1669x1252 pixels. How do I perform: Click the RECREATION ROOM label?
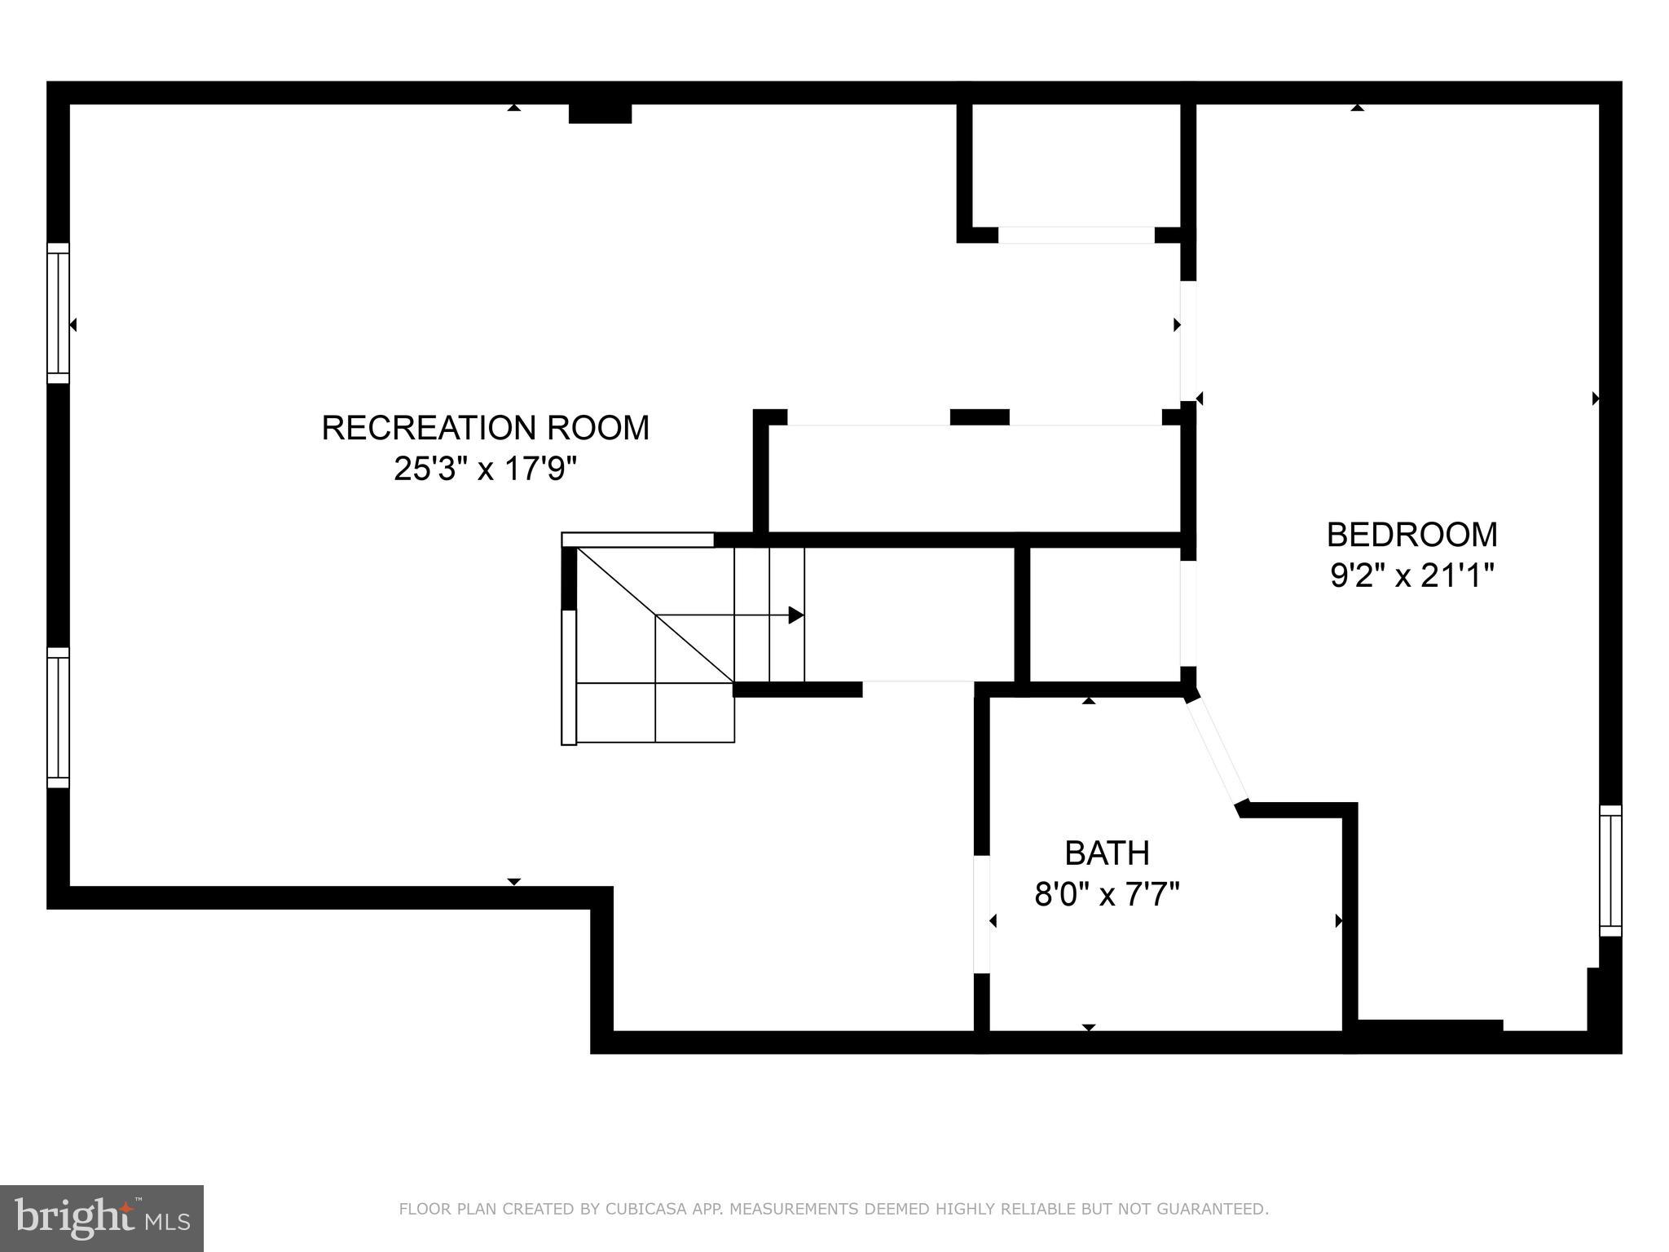pos(486,428)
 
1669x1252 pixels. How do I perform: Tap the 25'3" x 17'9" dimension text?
pos(486,469)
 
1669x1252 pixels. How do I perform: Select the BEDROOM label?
pos(1411,535)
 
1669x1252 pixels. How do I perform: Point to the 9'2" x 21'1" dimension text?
pos(1411,576)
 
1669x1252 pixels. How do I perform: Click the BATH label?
pos(1107,853)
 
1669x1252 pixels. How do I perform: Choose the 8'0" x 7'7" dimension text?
pos(1107,895)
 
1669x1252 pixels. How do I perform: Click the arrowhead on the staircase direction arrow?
pos(796,615)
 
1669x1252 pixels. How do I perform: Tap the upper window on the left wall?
pos(58,313)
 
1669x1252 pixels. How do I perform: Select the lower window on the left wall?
pos(58,717)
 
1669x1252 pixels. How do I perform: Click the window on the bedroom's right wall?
pos(1610,871)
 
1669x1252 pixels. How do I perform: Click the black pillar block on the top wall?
pos(600,113)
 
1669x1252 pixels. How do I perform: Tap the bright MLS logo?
pos(102,1218)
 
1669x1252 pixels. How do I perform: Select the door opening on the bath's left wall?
pos(982,914)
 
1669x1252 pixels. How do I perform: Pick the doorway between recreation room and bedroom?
pos(1188,342)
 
